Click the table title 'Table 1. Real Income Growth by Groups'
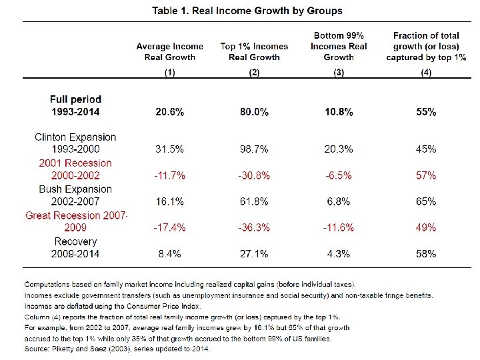point(247,11)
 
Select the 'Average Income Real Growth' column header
point(170,51)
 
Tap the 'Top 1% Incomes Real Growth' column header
point(254,51)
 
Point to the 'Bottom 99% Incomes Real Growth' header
point(339,46)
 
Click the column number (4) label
point(426,72)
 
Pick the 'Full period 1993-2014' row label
point(76,105)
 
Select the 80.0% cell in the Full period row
point(254,112)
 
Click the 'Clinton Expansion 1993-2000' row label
point(75,143)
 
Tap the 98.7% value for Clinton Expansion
point(254,149)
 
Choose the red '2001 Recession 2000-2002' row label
point(75,169)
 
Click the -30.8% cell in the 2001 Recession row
point(254,175)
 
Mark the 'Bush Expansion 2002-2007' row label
point(75,195)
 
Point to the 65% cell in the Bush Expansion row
point(426,201)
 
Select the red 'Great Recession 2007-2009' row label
point(76,221)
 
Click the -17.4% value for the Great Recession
point(170,227)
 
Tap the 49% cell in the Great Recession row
point(426,227)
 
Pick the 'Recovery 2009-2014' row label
point(75,247)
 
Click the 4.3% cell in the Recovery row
point(339,253)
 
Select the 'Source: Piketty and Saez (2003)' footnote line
point(117,349)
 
